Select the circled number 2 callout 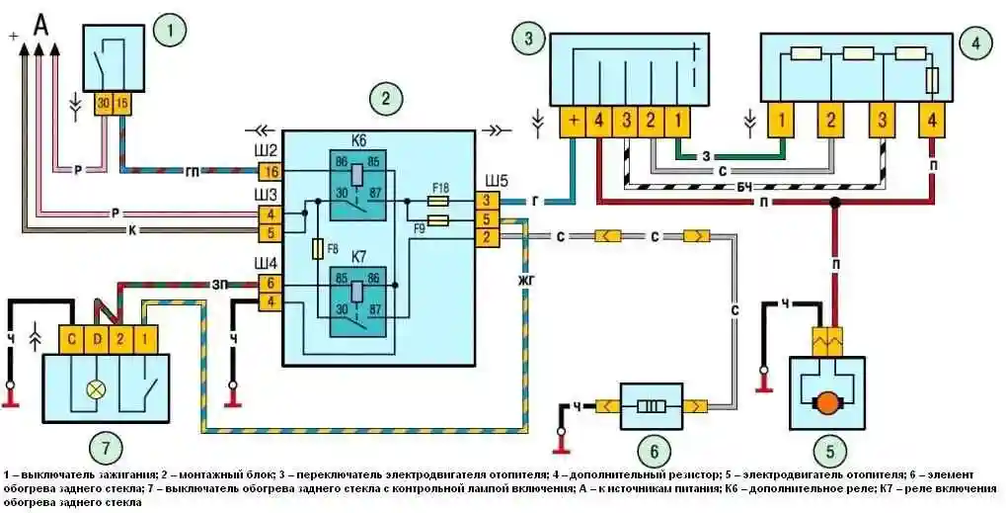[384, 98]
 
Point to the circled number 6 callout [651, 452]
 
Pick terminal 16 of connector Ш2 [270, 172]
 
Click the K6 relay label [358, 141]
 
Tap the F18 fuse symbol [439, 202]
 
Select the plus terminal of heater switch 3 [573, 123]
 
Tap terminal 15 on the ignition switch [122, 102]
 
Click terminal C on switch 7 [71, 340]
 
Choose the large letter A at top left [40, 24]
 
